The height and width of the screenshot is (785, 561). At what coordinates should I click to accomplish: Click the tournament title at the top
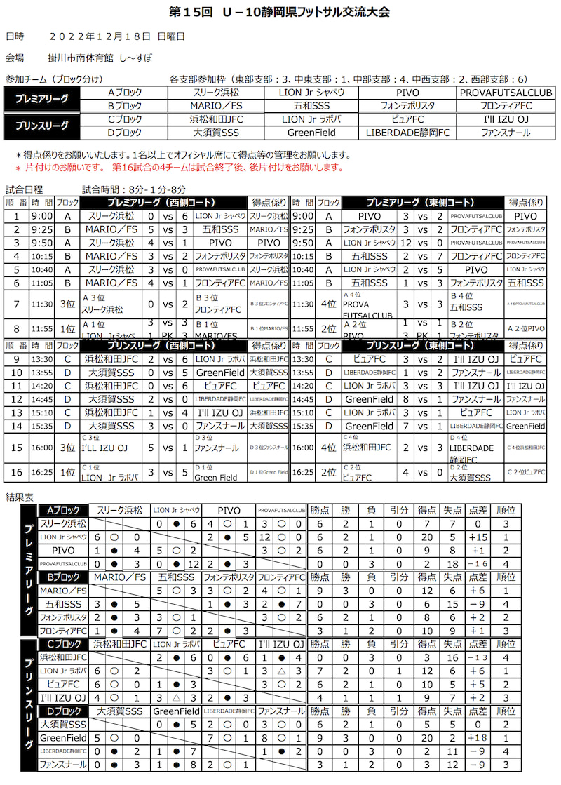[x=280, y=13]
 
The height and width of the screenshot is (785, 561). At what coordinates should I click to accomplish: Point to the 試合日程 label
[x=24, y=189]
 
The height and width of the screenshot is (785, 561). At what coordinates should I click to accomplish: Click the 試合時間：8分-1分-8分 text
[x=133, y=189]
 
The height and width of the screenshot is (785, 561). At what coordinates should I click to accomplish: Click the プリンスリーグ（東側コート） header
[x=421, y=345]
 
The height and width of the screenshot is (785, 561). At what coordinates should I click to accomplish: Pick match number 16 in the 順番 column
[x=16, y=473]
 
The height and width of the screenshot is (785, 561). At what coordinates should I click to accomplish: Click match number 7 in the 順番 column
[x=16, y=305]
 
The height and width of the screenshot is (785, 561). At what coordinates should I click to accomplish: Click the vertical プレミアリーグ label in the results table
[x=28, y=570]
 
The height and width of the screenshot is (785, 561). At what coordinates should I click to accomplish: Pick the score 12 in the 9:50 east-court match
[x=405, y=242]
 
